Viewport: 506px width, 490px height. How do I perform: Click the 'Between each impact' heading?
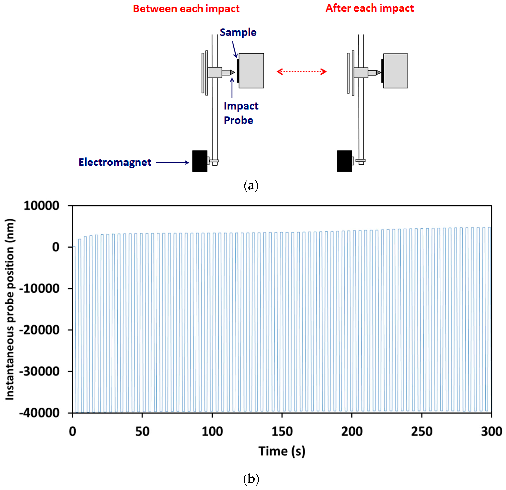pos(186,9)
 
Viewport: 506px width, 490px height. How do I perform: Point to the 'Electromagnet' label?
pos(115,162)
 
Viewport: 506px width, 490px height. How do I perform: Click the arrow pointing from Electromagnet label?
pos(172,162)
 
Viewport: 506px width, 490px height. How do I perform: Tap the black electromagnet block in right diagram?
pos(344,161)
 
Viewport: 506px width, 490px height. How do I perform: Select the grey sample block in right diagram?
pos(396,70)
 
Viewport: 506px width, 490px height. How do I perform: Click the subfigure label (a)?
pos(251,186)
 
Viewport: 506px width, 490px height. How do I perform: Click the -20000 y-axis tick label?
pos(40,330)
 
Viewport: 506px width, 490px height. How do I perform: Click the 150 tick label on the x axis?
pos(282,431)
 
